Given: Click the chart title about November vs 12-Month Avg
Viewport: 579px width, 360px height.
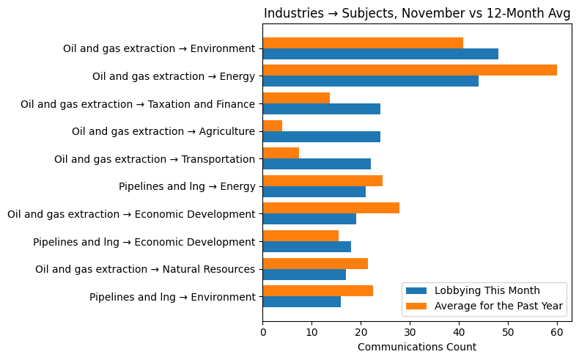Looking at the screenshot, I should click(x=417, y=13).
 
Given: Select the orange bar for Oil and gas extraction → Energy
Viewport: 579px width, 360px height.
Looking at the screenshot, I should click(x=410, y=70).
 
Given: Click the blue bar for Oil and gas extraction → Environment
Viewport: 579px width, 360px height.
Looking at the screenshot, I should click(x=380, y=54).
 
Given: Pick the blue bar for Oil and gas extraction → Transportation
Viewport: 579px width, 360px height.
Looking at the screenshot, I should click(x=317, y=164).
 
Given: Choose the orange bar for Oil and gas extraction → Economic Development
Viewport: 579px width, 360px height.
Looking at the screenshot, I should click(x=331, y=208).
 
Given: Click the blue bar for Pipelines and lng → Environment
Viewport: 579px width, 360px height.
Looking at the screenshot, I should click(x=302, y=302).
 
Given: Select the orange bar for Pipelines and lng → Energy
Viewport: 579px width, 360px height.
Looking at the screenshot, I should click(x=322, y=181).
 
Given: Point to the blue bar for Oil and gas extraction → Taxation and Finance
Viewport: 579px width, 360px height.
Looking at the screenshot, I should click(x=322, y=109).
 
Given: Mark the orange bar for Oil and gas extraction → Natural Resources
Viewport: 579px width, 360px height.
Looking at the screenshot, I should click(x=315, y=264).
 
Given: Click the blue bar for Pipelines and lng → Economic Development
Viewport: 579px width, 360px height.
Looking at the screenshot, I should click(x=307, y=247).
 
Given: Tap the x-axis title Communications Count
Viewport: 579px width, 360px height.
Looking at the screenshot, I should click(x=417, y=347).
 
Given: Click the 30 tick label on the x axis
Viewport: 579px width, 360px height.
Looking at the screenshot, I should click(x=410, y=332).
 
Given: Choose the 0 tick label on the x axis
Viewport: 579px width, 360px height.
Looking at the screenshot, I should click(x=263, y=332).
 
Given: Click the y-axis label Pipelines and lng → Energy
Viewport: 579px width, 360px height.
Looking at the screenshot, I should click(x=187, y=187).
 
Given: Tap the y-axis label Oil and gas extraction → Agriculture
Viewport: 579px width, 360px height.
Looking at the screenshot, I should click(x=163, y=132).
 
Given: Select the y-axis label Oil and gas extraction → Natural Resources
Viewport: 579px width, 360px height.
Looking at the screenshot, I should click(x=145, y=270).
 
